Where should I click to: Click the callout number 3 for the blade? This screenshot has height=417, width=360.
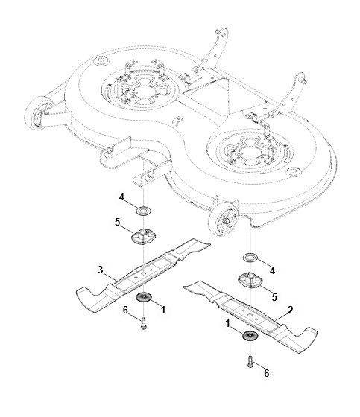tap(101, 270)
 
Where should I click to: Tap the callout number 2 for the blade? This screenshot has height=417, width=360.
tap(290, 310)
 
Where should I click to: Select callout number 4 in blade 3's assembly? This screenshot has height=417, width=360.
tap(121, 197)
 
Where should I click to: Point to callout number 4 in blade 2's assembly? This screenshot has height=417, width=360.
tap(272, 270)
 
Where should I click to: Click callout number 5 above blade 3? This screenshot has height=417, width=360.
tap(118, 222)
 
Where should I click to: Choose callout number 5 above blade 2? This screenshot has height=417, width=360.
tap(274, 297)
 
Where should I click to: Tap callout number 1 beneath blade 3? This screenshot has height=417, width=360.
tap(163, 310)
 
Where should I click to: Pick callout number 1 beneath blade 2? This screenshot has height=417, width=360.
tap(227, 324)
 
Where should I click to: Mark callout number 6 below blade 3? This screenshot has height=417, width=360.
tap(125, 310)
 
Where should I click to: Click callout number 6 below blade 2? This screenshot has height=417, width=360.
tap(267, 373)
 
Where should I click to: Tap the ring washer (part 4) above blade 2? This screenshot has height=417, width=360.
tap(250, 258)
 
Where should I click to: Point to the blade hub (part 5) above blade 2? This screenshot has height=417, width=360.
tap(250, 281)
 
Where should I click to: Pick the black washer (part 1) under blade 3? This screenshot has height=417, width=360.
tap(144, 297)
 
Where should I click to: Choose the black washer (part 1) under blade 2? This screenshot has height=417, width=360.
tap(250, 336)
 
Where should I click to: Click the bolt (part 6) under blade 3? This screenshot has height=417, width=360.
tap(144, 323)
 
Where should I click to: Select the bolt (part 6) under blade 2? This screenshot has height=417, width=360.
tap(250, 362)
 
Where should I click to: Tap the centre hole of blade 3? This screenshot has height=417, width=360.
tap(144, 273)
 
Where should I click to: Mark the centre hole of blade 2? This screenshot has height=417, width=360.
tap(250, 314)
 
